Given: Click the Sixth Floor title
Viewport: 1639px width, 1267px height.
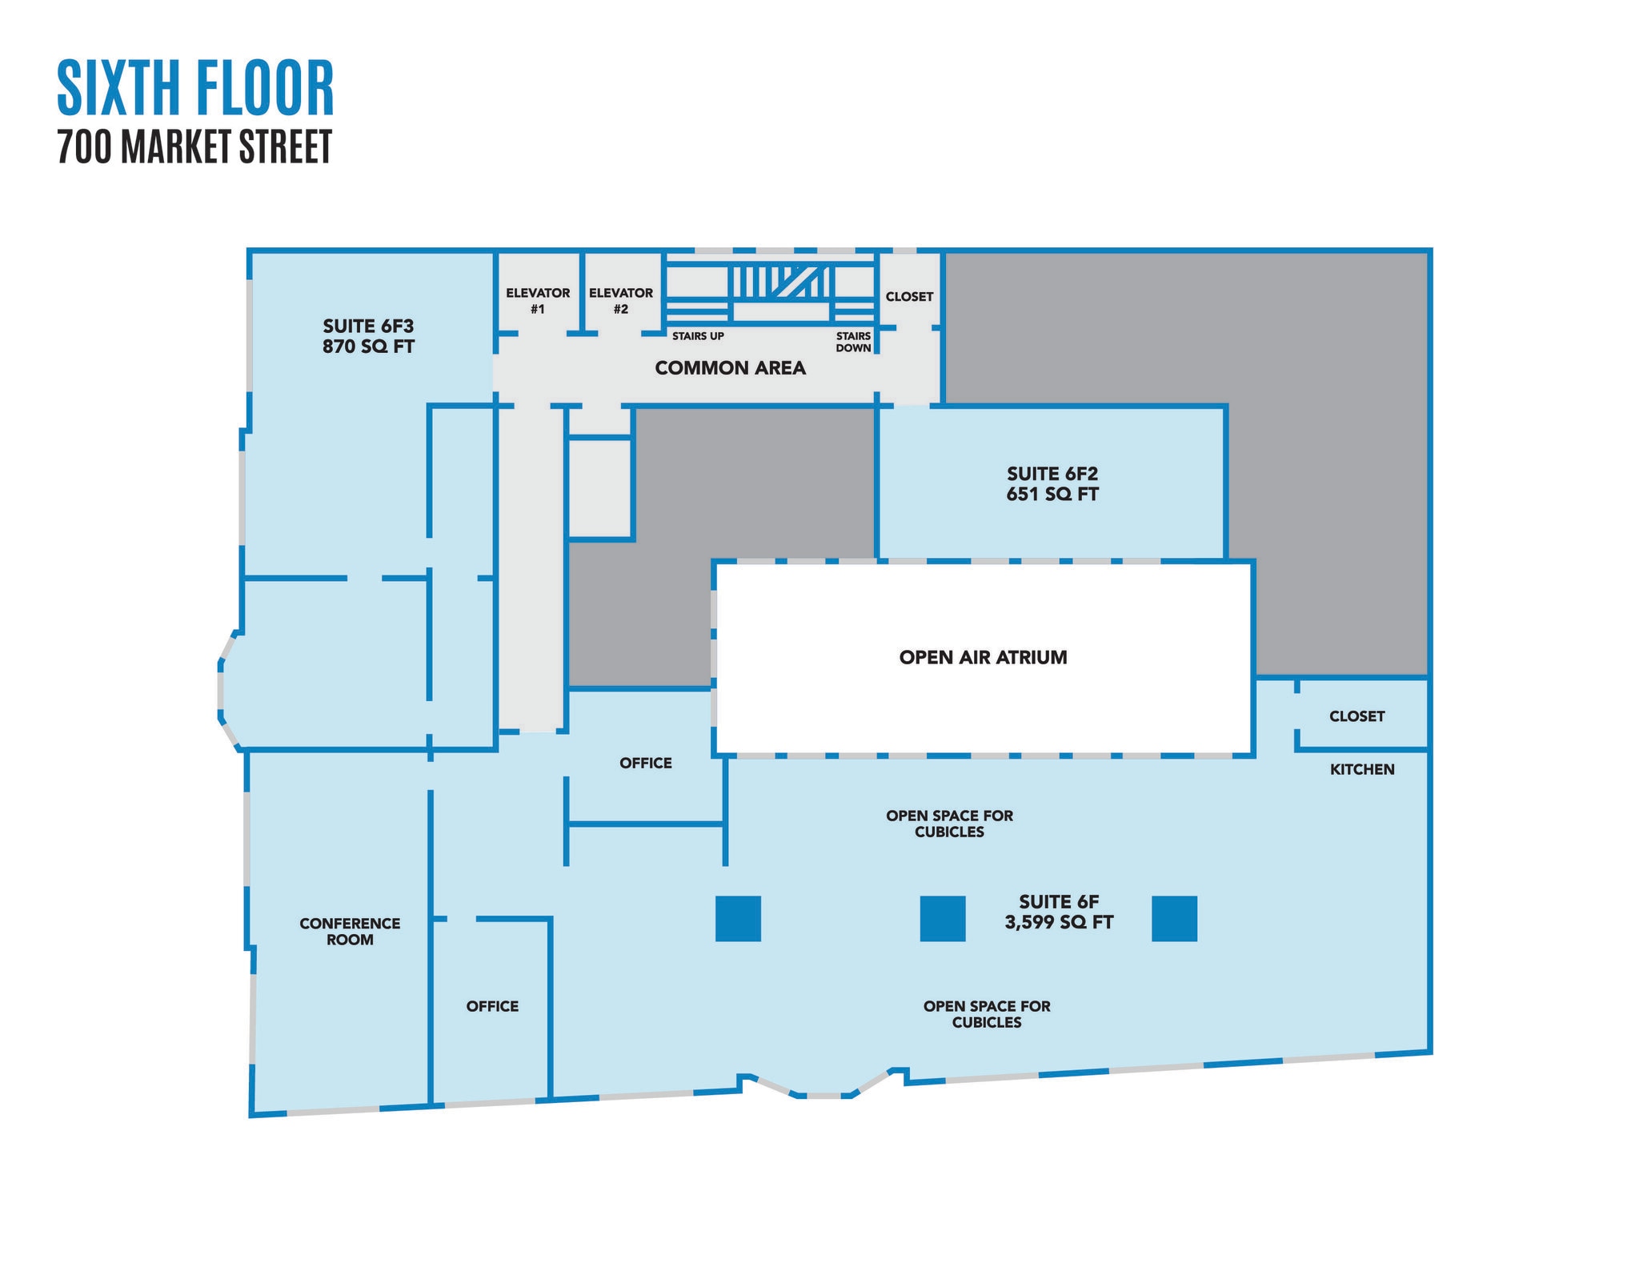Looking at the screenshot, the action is pos(195,87).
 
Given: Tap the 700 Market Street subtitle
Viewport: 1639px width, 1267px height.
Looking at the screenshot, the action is pos(194,147).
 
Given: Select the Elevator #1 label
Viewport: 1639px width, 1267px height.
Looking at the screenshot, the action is pos(538,301).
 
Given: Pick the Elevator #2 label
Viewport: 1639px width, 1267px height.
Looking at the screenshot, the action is pos(621,301).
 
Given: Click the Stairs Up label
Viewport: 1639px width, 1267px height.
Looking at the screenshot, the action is pos(698,336).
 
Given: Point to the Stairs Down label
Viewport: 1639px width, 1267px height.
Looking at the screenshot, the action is pos(853,342).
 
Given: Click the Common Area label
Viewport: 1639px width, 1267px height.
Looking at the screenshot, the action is pos(730,368).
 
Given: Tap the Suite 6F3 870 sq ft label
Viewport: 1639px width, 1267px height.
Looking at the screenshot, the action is pos(368,336).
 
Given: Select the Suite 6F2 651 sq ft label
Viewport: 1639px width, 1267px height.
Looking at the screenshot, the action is pos(1052,484).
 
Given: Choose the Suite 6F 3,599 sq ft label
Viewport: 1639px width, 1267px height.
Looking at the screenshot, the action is pos(1059,912).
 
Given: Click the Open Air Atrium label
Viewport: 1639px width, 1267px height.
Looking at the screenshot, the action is pos(983,657).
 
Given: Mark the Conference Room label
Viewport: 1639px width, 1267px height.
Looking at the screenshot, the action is pos(350,932).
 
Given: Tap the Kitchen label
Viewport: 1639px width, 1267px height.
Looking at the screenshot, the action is pos(1362,769).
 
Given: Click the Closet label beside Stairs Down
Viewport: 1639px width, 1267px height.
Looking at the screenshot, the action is pos(909,296).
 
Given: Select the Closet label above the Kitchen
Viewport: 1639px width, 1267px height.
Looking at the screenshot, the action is pos(1356,716).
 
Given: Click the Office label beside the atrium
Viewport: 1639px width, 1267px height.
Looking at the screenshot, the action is pos(646,763).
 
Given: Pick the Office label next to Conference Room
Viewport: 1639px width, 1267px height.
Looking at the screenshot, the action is pos(492,1006).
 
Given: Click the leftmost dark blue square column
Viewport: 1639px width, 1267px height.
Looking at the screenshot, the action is pos(738,918).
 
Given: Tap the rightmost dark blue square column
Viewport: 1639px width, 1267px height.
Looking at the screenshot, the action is pos(1174,918).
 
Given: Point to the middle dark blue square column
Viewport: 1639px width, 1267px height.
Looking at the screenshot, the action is pos(943,918).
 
